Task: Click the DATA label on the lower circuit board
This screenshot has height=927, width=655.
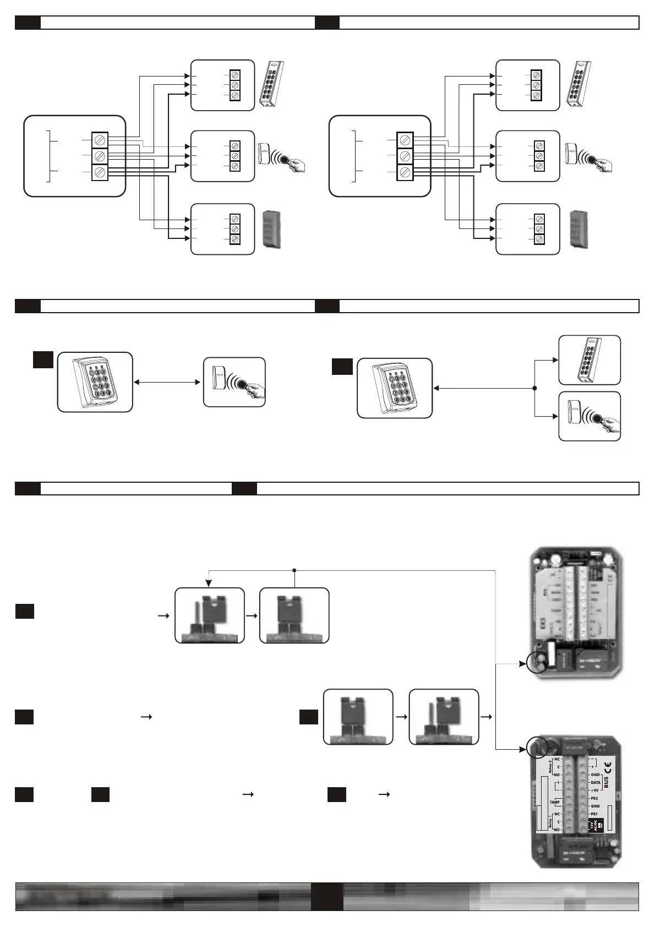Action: pyautogui.click(x=596, y=782)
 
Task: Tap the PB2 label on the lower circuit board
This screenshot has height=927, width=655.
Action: pyautogui.click(x=594, y=798)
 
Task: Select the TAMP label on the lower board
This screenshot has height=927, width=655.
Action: pyautogui.click(x=554, y=802)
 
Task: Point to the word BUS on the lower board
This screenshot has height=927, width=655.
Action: pyautogui.click(x=607, y=782)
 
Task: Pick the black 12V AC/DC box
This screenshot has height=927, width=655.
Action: pyautogui.click(x=596, y=825)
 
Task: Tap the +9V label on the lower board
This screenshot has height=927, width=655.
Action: pyautogui.click(x=595, y=790)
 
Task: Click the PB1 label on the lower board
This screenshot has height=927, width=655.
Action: pyautogui.click(x=594, y=814)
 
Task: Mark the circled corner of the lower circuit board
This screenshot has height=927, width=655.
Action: pyautogui.click(x=537, y=747)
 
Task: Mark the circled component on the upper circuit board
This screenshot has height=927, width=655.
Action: pyautogui.click(x=537, y=662)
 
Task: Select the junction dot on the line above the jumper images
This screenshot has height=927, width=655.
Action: pyautogui.click(x=294, y=570)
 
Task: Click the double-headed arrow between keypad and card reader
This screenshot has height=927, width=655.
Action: pyautogui.click(x=167, y=381)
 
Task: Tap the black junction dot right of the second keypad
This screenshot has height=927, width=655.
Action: pyautogui.click(x=534, y=388)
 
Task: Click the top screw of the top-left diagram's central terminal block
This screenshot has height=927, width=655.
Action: pyautogui.click(x=100, y=140)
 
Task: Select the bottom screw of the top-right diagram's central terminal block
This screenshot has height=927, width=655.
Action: pyautogui.click(x=405, y=172)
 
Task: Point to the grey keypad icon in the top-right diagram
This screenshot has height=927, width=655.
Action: pyautogui.click(x=579, y=228)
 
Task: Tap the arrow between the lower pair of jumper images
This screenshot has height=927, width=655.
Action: pyautogui.click(x=401, y=717)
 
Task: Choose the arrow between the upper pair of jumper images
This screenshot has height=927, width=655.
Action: pyautogui.click(x=252, y=616)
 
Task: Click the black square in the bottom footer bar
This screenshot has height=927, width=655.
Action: pyautogui.click(x=327, y=897)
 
